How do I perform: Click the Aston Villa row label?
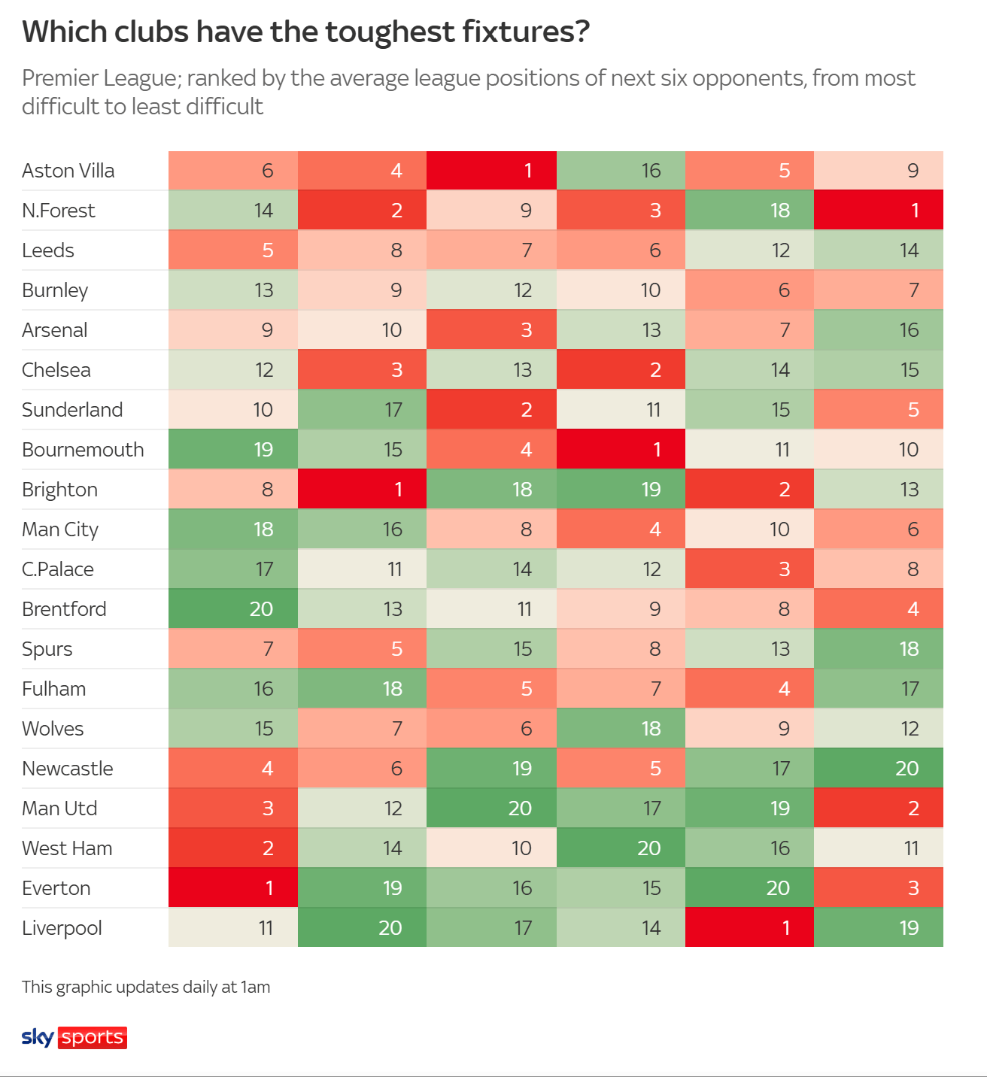[x=68, y=171]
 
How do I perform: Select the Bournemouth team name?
[x=83, y=450]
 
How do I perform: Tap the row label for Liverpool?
[x=62, y=928]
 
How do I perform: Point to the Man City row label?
[x=60, y=529]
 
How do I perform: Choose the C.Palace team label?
[x=58, y=569]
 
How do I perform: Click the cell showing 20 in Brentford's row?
[x=233, y=609]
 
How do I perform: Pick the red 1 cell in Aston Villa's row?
[x=491, y=171]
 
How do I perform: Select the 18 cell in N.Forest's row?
[x=749, y=211]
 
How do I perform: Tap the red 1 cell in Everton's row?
[x=233, y=888]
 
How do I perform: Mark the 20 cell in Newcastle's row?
[x=879, y=769]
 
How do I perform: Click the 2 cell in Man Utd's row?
[x=879, y=809]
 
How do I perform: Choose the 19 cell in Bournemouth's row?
[x=233, y=450]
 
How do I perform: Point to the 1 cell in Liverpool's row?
[x=749, y=928]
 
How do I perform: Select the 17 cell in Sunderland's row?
[x=362, y=410]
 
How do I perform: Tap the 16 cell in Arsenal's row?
[x=879, y=330]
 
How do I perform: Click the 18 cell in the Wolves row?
[x=621, y=729]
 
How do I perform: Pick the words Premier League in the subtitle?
[x=99, y=78]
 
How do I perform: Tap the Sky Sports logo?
[x=74, y=1037]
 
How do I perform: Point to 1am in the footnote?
[x=255, y=987]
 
